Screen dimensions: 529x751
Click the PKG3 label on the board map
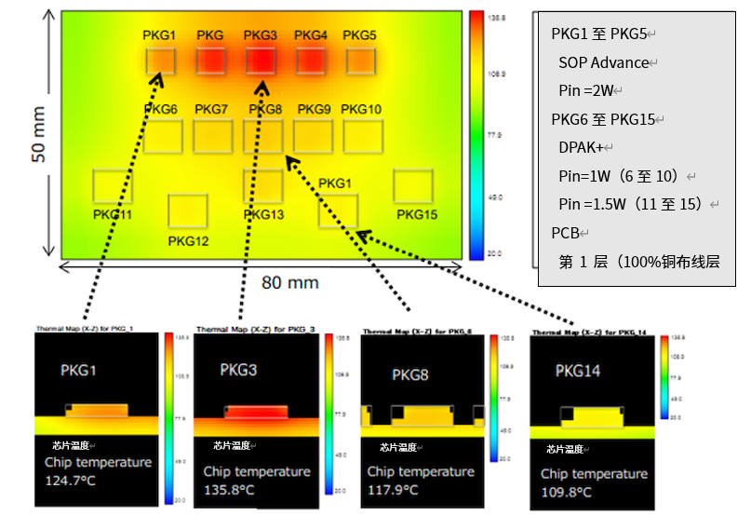click(x=261, y=35)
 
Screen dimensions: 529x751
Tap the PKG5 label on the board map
click(x=359, y=35)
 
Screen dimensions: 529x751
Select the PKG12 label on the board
click(x=188, y=241)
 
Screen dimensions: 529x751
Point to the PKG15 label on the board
click(x=417, y=214)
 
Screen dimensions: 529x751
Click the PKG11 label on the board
click(x=113, y=214)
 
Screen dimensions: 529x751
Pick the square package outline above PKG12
click(x=188, y=210)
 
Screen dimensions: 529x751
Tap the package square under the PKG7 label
click(x=212, y=136)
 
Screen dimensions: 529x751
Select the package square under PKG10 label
click(x=362, y=136)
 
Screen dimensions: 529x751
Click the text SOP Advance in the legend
click(x=604, y=62)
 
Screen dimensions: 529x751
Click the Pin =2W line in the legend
click(x=584, y=90)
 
